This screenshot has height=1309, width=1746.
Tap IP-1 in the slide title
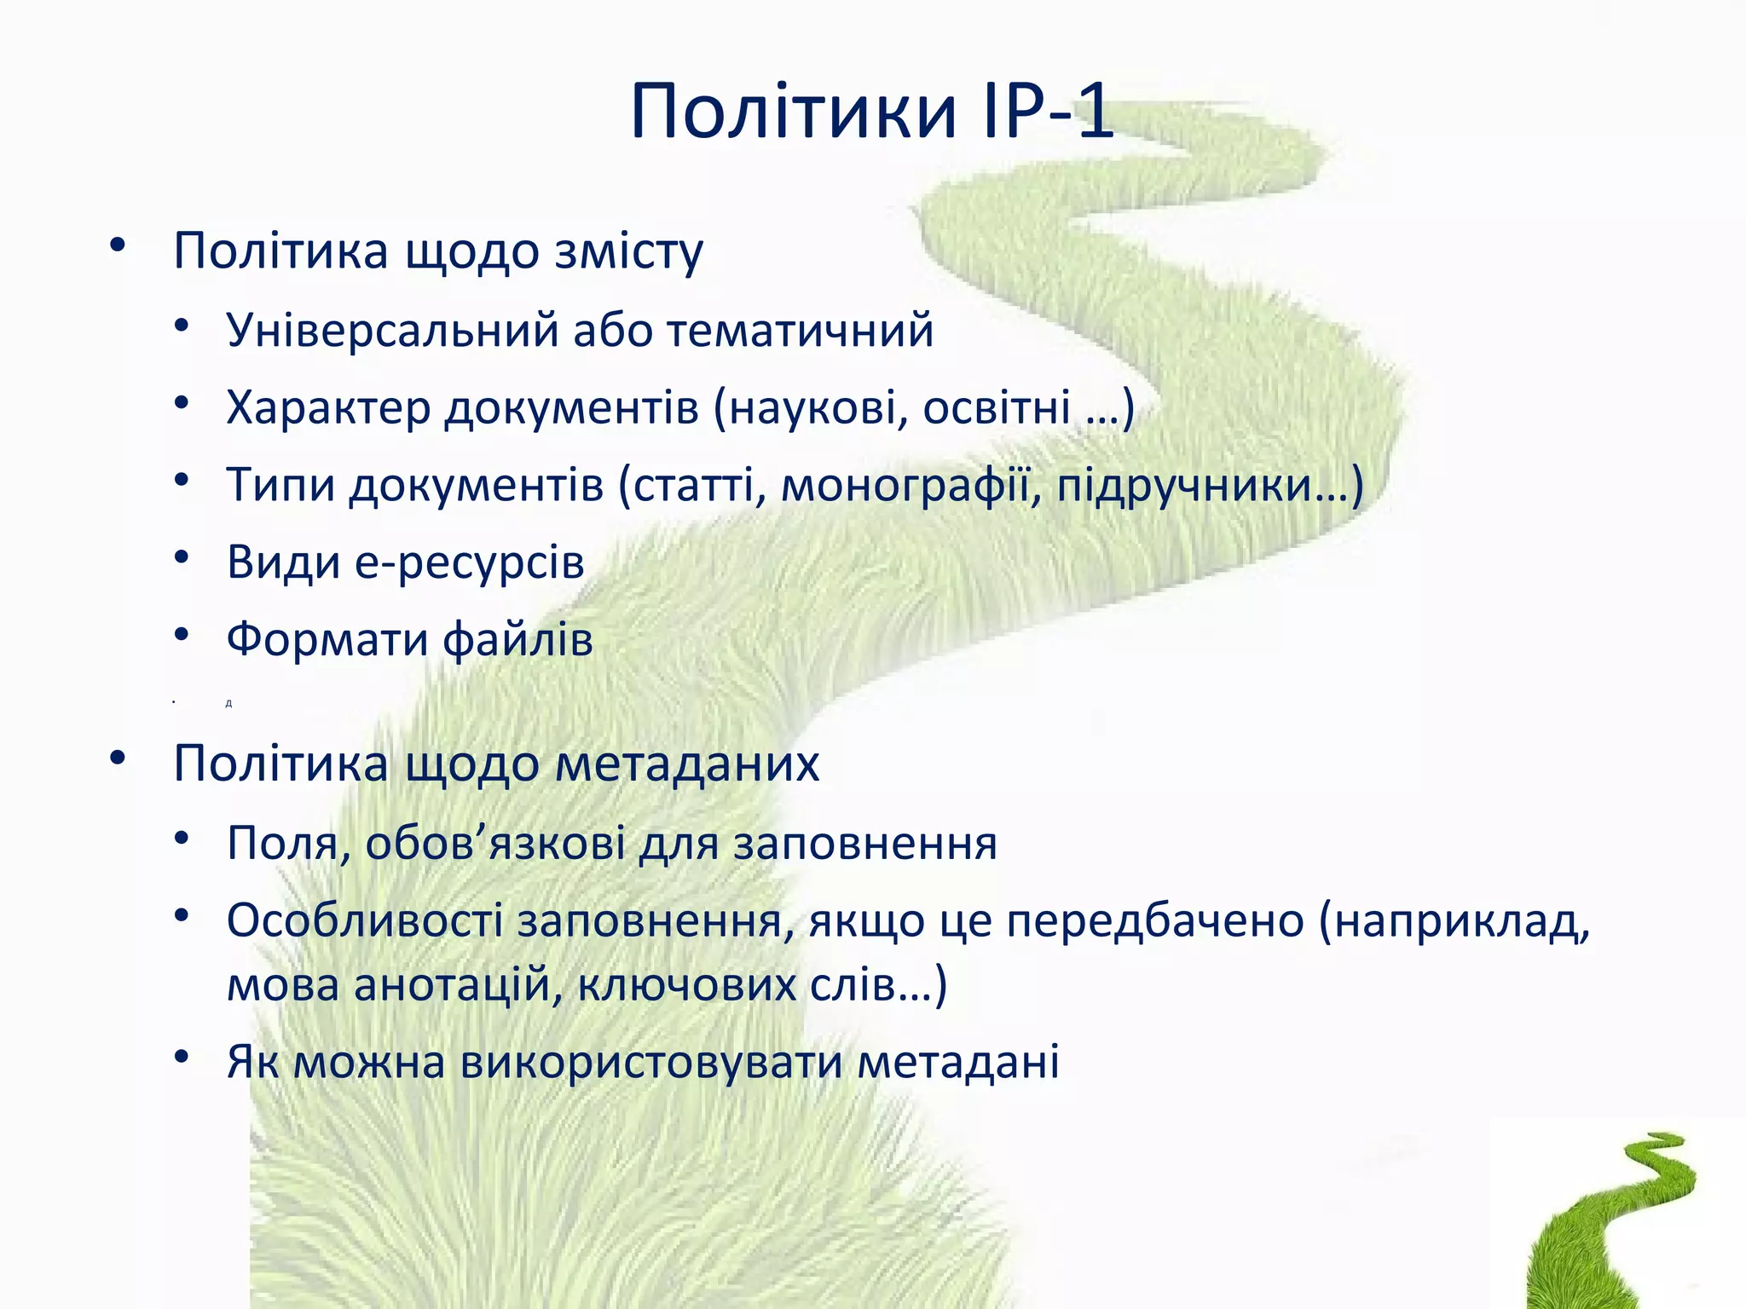coord(1047,112)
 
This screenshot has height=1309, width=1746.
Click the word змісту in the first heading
coord(629,251)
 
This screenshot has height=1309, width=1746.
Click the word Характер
coord(328,407)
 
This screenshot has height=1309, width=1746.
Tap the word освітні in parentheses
coord(997,407)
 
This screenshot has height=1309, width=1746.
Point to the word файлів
coord(518,639)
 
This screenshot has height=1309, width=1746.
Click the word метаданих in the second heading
coord(687,764)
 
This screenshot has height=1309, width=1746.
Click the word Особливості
coord(365,920)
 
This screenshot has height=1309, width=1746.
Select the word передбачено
coord(1155,920)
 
